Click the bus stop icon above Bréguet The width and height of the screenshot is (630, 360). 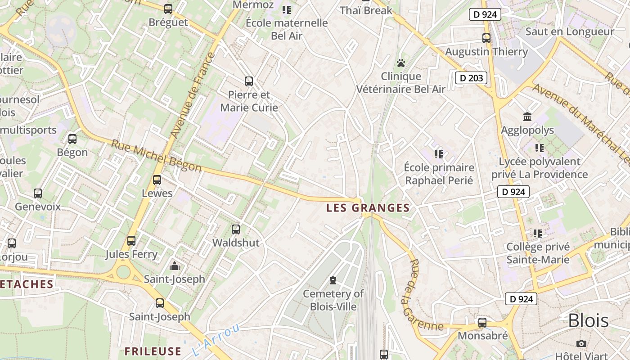pos(168,9)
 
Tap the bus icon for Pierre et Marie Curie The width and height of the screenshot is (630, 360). pos(249,81)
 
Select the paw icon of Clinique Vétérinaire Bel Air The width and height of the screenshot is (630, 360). pos(401,63)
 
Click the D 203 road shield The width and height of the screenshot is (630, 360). pos(471,78)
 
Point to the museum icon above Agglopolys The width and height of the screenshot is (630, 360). pos(527,117)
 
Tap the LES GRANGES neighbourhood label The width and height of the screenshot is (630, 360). pos(368,208)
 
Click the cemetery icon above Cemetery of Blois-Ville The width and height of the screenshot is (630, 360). pos(333,280)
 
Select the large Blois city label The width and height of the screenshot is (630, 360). pos(588,321)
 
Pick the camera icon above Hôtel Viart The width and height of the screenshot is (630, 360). pos(581,343)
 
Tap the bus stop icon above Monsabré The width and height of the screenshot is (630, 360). pos(482,323)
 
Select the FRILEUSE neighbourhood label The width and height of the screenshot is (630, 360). pos(153,351)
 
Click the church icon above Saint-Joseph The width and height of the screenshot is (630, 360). pos(175,266)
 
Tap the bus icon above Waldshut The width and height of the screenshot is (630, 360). pos(236,229)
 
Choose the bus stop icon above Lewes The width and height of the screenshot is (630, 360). pos(157,180)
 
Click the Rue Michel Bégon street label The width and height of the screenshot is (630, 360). pos(156,156)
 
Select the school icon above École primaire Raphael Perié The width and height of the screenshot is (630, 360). pos(439,154)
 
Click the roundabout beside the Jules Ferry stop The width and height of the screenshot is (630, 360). pos(122,272)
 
